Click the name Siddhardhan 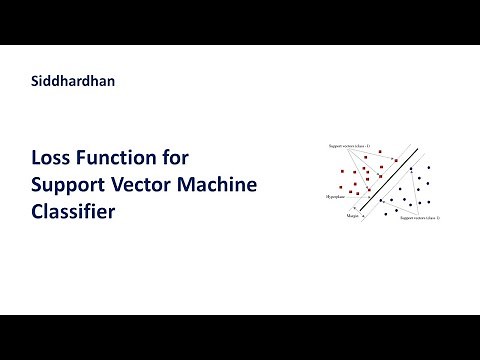73,82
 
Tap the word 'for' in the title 175,158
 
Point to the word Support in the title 68,185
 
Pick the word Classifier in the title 74,211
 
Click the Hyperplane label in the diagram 335,197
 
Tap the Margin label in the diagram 352,215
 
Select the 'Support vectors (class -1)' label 349,146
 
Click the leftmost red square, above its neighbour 342,172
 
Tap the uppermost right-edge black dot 429,166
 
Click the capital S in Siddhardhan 36,82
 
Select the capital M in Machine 191,185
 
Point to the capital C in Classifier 38,211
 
